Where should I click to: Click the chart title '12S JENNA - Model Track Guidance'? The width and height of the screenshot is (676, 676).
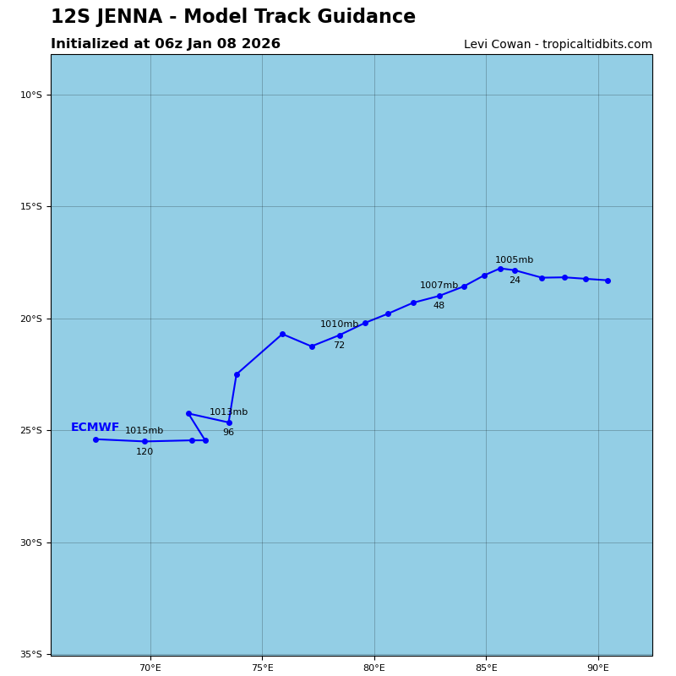point(232,17)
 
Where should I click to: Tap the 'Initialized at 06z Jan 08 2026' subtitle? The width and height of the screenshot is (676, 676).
point(166,44)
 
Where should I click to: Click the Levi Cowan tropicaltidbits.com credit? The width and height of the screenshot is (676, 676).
point(558,45)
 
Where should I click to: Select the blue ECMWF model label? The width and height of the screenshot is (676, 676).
point(95,428)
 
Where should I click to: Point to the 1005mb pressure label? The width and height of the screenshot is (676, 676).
point(514,260)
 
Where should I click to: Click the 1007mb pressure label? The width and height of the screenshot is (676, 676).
point(439,286)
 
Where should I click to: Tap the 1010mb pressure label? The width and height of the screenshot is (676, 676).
point(339,324)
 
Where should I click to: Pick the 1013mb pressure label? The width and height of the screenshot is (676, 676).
point(228,412)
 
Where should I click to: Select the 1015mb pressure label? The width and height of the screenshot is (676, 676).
point(144,431)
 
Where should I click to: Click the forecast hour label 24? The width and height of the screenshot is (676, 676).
point(515,281)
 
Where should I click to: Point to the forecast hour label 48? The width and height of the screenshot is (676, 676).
point(439,306)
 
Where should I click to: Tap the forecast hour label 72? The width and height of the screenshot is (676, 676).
point(339,346)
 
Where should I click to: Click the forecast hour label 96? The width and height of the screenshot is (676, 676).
point(228,433)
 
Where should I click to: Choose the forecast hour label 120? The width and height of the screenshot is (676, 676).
point(144,452)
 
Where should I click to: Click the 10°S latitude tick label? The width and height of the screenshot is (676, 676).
point(31,95)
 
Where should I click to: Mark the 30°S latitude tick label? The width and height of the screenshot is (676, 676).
point(31,542)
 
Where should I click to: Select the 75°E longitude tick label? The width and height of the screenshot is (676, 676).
point(262,668)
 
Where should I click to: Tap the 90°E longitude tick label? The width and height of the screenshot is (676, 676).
point(598,668)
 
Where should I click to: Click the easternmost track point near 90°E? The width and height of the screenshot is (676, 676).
point(608,281)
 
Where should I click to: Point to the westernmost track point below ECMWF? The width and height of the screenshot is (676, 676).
point(95,439)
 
